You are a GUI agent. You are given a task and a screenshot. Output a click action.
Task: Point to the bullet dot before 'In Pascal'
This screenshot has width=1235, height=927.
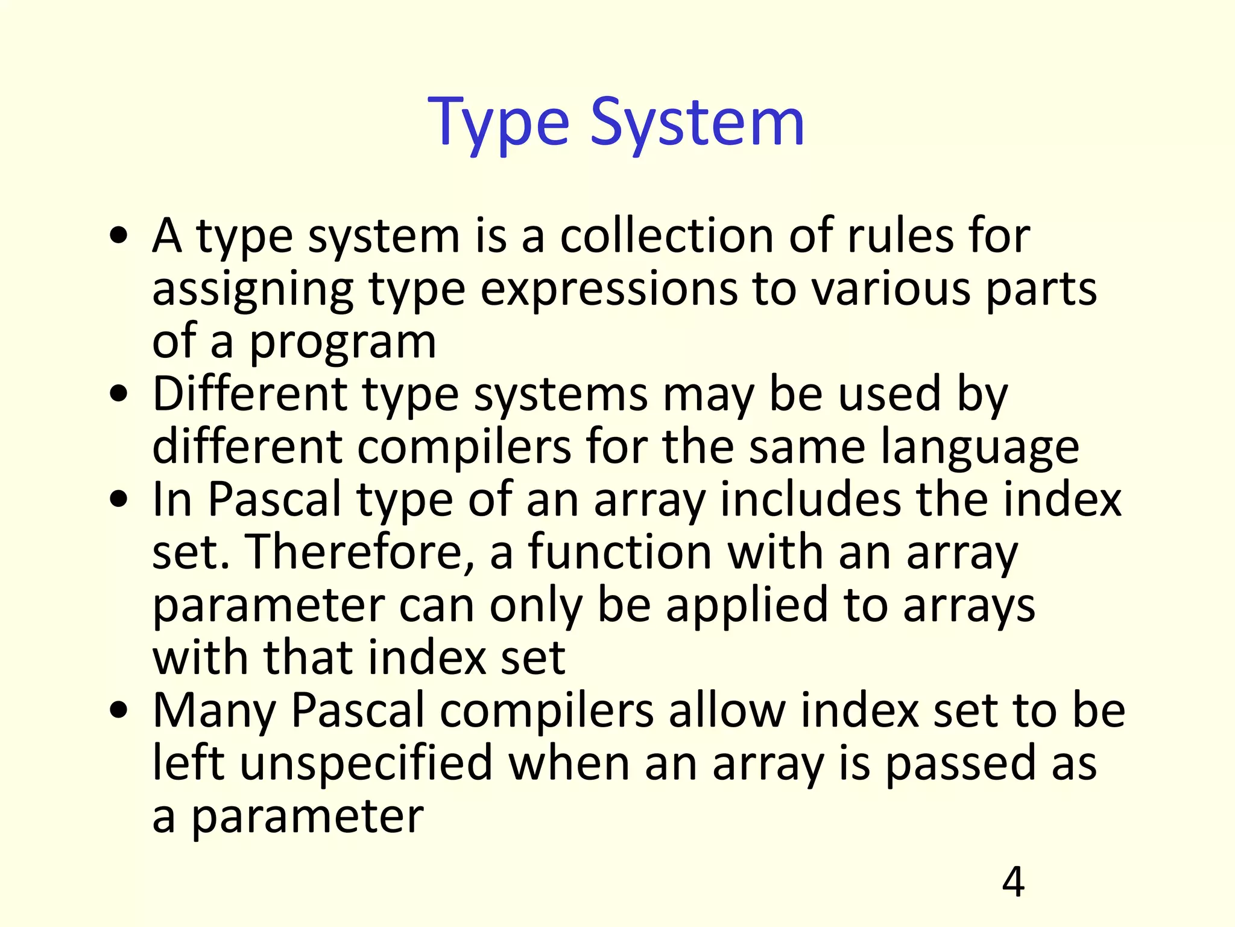[119, 500]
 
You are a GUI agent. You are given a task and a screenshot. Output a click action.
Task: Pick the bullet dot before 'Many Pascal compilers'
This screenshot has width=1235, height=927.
[119, 711]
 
